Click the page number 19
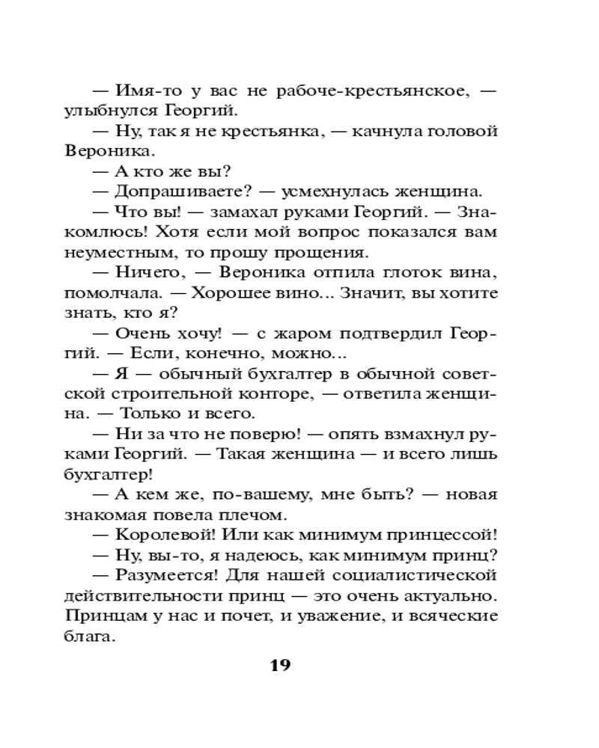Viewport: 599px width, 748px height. tap(279, 666)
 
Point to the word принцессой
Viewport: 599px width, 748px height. tap(437, 535)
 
